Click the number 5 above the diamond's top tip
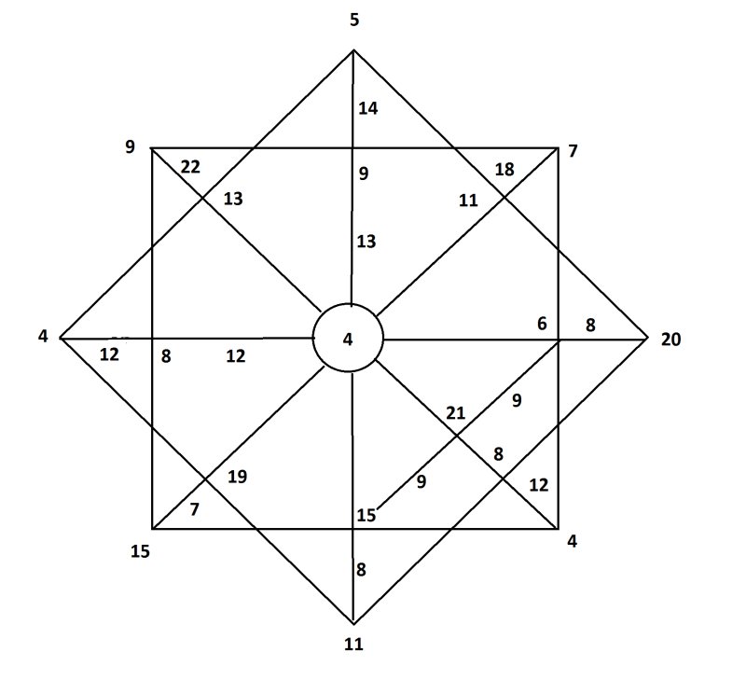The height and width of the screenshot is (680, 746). click(x=354, y=20)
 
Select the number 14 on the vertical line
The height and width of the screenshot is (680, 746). click(x=367, y=108)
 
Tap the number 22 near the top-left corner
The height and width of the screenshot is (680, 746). click(x=190, y=167)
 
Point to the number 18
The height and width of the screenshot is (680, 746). click(x=504, y=170)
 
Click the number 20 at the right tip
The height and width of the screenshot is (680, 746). click(x=670, y=340)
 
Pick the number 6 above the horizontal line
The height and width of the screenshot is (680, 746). click(x=543, y=324)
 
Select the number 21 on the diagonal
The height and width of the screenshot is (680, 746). click(x=455, y=413)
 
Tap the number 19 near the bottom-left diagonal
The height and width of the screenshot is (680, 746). click(x=237, y=477)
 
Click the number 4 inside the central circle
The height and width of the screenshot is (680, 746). click(x=348, y=340)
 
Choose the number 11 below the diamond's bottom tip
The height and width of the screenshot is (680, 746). click(x=353, y=645)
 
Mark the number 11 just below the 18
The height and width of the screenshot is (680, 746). click(x=468, y=201)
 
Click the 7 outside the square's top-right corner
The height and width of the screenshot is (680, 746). click(x=573, y=151)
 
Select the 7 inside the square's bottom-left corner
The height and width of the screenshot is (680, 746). click(x=194, y=509)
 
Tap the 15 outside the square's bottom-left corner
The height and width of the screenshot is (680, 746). click(x=141, y=551)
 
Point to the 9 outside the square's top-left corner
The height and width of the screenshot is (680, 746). click(x=130, y=146)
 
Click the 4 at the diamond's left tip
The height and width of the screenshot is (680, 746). click(x=43, y=337)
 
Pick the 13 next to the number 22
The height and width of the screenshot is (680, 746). click(x=233, y=199)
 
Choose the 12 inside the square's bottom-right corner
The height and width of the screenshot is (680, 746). click(x=539, y=485)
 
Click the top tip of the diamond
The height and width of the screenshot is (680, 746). click(x=353, y=49)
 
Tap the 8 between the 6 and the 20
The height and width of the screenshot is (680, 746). click(x=590, y=325)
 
